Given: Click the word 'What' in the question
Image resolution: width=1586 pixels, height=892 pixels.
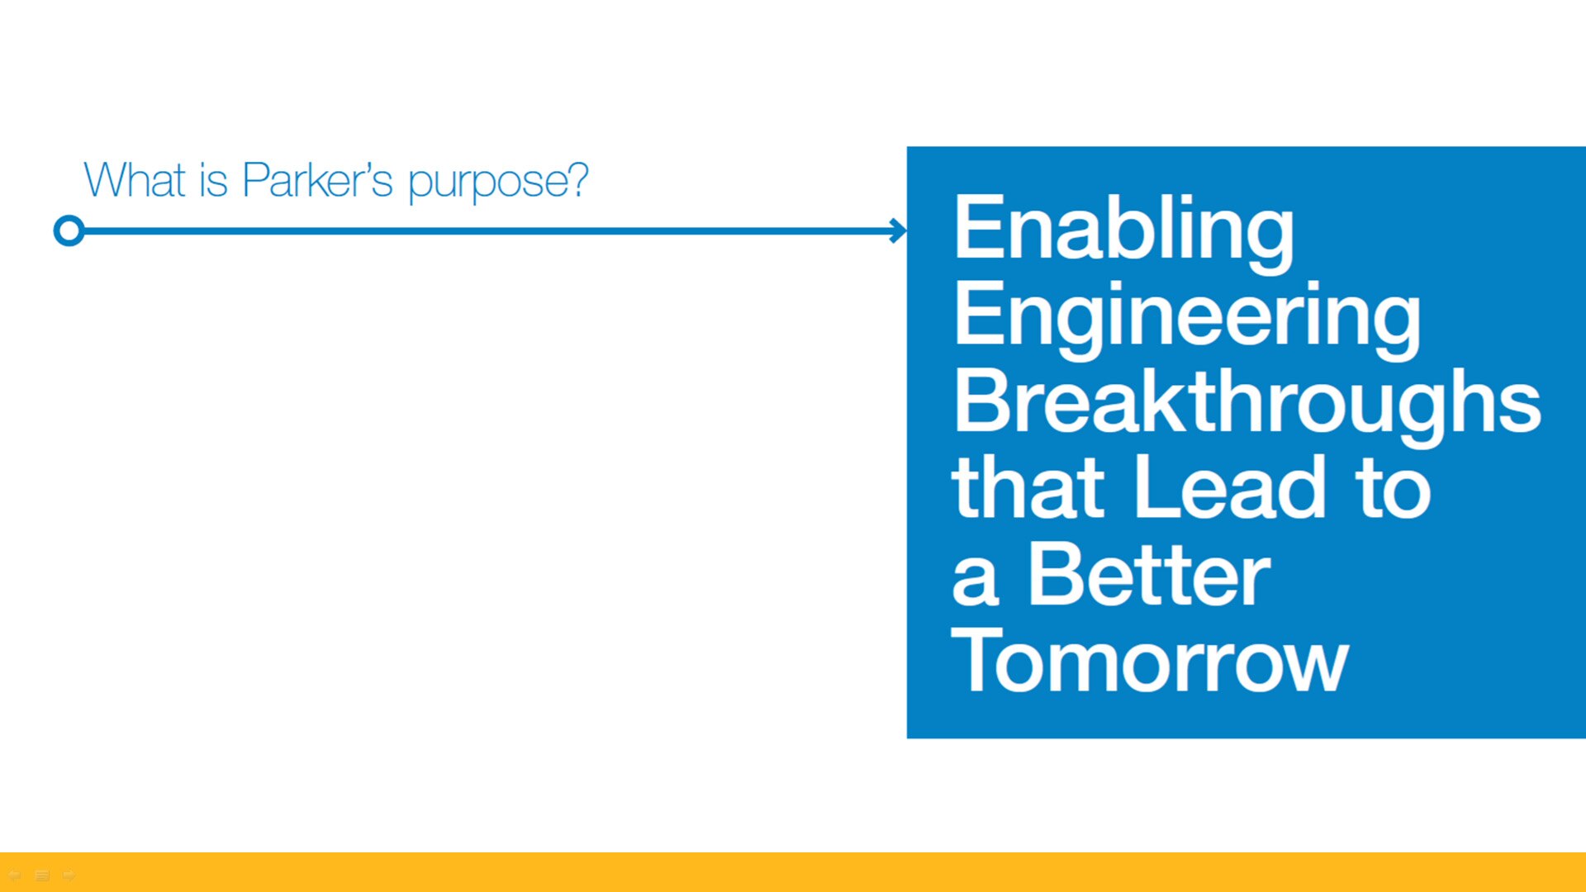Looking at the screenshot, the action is click(x=135, y=179).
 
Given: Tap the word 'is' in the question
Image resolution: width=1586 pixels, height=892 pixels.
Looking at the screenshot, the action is click(x=213, y=179).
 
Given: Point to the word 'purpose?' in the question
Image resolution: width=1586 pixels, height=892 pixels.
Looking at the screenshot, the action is click(x=498, y=182).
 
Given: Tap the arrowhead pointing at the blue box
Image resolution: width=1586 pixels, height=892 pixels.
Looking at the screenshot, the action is click(x=899, y=230).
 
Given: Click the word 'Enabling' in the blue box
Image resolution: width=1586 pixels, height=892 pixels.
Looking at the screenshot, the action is click(x=1124, y=232).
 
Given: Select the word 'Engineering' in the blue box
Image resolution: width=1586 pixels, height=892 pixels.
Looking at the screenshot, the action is click(x=1188, y=319).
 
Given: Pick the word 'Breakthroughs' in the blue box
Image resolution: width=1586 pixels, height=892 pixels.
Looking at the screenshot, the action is click(x=1247, y=406).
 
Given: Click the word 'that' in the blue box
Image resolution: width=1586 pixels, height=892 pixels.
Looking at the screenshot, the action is click(x=1028, y=486).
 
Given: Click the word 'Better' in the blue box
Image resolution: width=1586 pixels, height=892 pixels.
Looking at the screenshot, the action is click(x=1149, y=574).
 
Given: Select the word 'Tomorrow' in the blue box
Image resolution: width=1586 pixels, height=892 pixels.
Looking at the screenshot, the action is click(x=1150, y=660).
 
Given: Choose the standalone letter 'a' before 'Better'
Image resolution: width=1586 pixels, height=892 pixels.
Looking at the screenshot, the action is click(x=976, y=582).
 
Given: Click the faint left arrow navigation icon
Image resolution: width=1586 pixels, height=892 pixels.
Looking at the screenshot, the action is click(x=14, y=875).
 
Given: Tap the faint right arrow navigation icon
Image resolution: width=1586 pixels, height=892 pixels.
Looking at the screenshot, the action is click(x=69, y=875).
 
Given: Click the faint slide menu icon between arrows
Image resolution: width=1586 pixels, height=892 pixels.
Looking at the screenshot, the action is click(x=42, y=875).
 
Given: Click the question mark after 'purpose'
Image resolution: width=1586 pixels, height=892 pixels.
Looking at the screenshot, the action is click(x=578, y=179).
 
